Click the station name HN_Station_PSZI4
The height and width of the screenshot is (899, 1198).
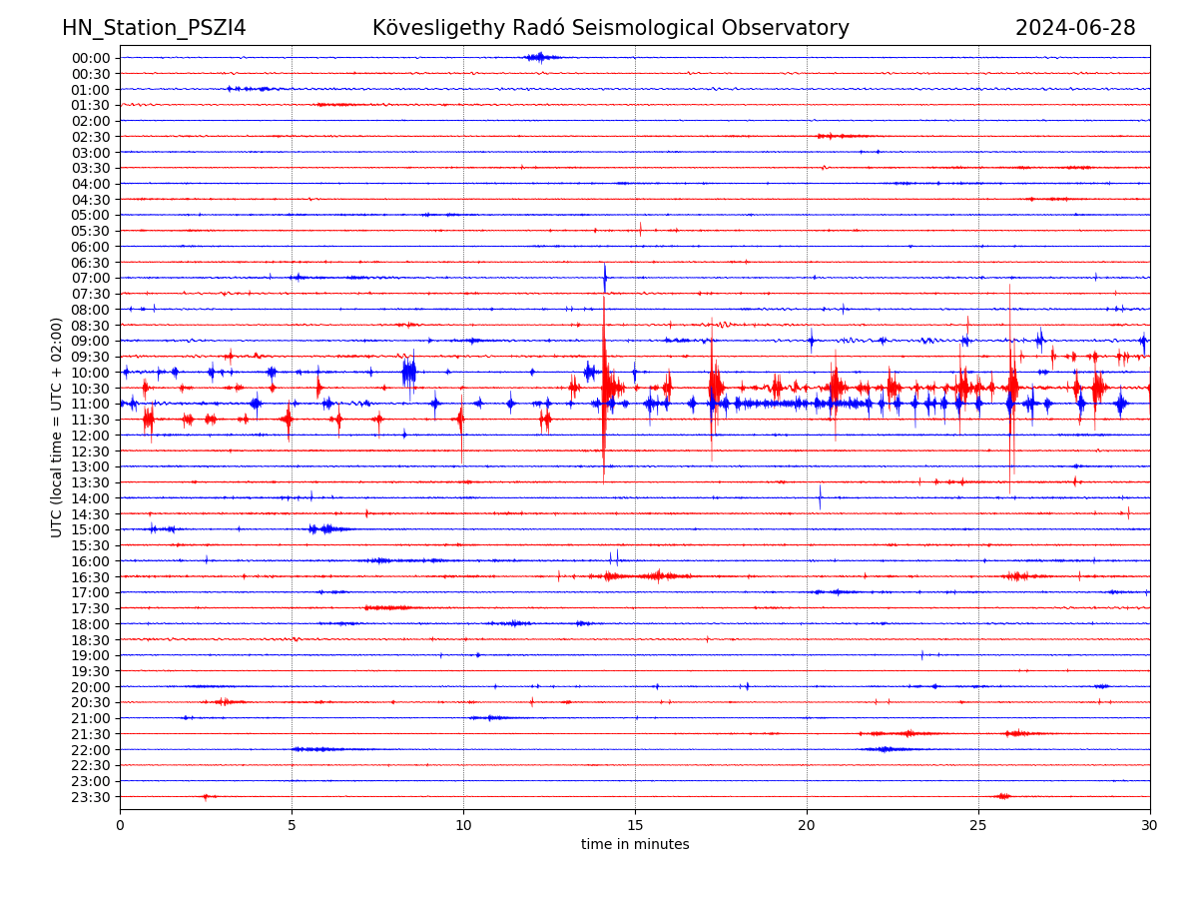154,28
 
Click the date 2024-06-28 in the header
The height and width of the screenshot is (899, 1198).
1075,28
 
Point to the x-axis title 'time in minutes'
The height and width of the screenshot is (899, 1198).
635,844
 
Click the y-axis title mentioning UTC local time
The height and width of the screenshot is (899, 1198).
57,427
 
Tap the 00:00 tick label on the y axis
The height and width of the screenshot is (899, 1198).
91,58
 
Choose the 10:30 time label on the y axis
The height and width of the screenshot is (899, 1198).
91,389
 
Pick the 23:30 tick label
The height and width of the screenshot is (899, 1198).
91,797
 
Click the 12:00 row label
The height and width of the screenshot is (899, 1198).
91,436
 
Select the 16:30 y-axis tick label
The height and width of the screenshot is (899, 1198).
91,577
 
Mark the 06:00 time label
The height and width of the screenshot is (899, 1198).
91,247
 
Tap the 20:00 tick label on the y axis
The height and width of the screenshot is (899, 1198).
91,687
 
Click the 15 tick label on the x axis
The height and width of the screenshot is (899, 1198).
635,825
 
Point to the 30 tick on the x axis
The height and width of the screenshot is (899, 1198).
1150,825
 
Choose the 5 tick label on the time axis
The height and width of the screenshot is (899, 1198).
292,825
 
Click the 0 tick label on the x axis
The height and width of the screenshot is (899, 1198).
120,825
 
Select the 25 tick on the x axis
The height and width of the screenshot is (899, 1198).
978,825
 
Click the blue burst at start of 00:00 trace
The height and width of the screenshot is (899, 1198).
540,57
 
